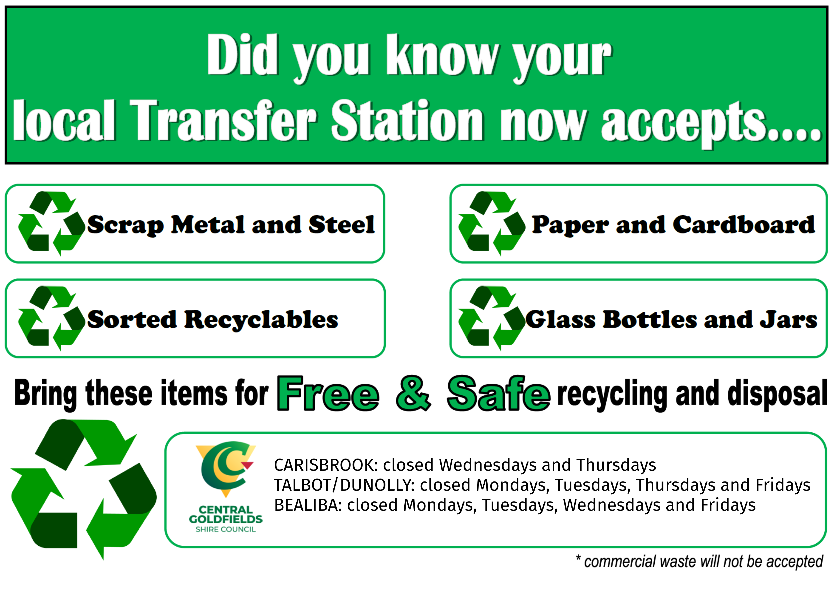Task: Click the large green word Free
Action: [x=328, y=394]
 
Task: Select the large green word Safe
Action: [x=498, y=394]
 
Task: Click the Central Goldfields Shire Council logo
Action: [x=226, y=487]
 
